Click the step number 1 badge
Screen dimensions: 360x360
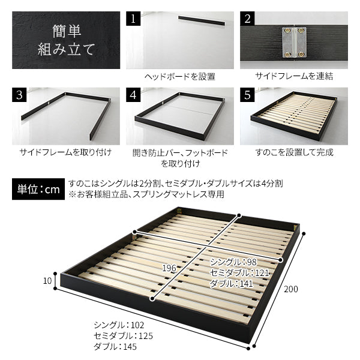[133, 19]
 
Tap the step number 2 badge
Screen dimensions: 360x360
[247, 19]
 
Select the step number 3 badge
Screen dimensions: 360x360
[19, 95]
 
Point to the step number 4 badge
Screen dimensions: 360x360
[133, 95]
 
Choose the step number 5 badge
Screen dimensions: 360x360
[247, 95]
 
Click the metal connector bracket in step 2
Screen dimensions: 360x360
[294, 43]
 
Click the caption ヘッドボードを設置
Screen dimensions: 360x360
[180, 76]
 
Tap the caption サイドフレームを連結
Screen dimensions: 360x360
[294, 76]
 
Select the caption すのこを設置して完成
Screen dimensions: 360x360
[294, 152]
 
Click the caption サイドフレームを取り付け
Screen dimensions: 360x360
[65, 152]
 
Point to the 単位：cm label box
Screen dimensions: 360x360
[38, 189]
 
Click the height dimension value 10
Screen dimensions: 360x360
[47, 281]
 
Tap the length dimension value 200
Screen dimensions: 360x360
[291, 289]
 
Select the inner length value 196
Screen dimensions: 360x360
[169, 268]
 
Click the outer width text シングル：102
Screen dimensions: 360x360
[119, 325]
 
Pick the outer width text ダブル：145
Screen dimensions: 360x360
[115, 346]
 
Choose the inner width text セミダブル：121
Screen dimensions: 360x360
[239, 273]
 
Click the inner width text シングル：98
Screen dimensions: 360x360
[233, 262]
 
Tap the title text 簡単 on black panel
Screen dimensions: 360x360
[67, 31]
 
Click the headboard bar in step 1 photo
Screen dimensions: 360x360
[202, 20]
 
